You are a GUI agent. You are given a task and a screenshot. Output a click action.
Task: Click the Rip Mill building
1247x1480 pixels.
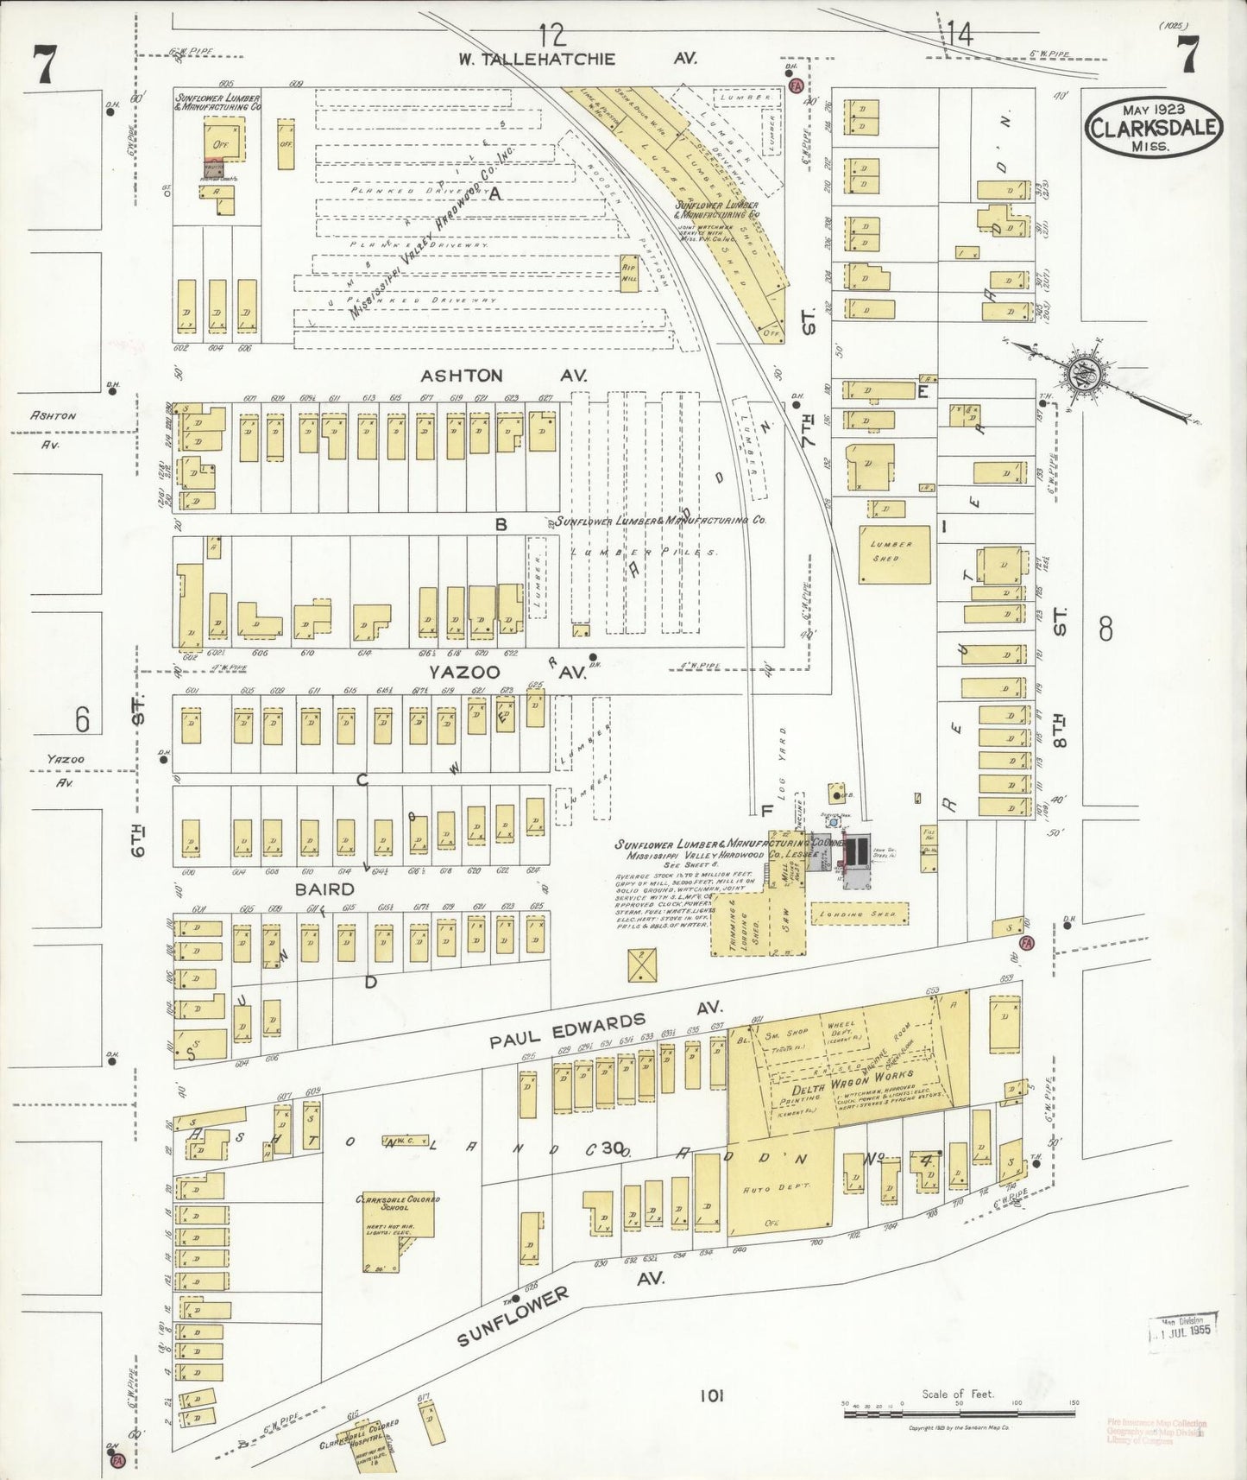(x=630, y=274)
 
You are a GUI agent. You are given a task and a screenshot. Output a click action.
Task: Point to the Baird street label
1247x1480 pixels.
(x=324, y=889)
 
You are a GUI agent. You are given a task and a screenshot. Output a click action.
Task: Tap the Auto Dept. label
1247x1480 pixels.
(x=779, y=1188)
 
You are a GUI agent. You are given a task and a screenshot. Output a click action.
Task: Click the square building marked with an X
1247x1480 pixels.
(x=643, y=965)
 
